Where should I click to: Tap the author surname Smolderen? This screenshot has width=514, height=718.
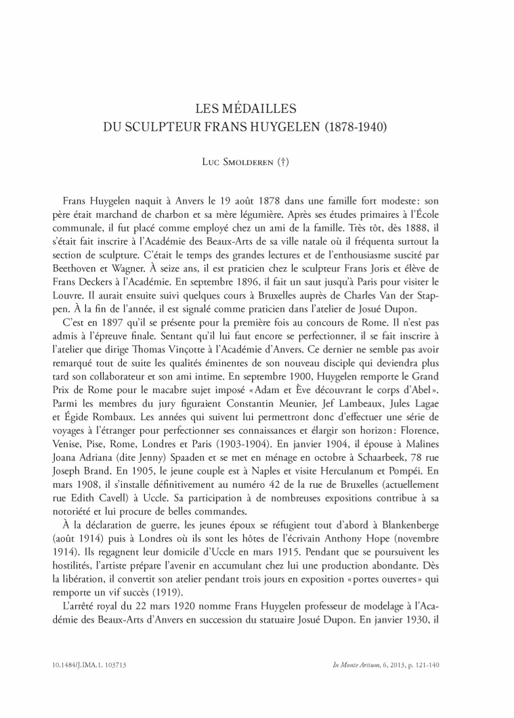point(254,162)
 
